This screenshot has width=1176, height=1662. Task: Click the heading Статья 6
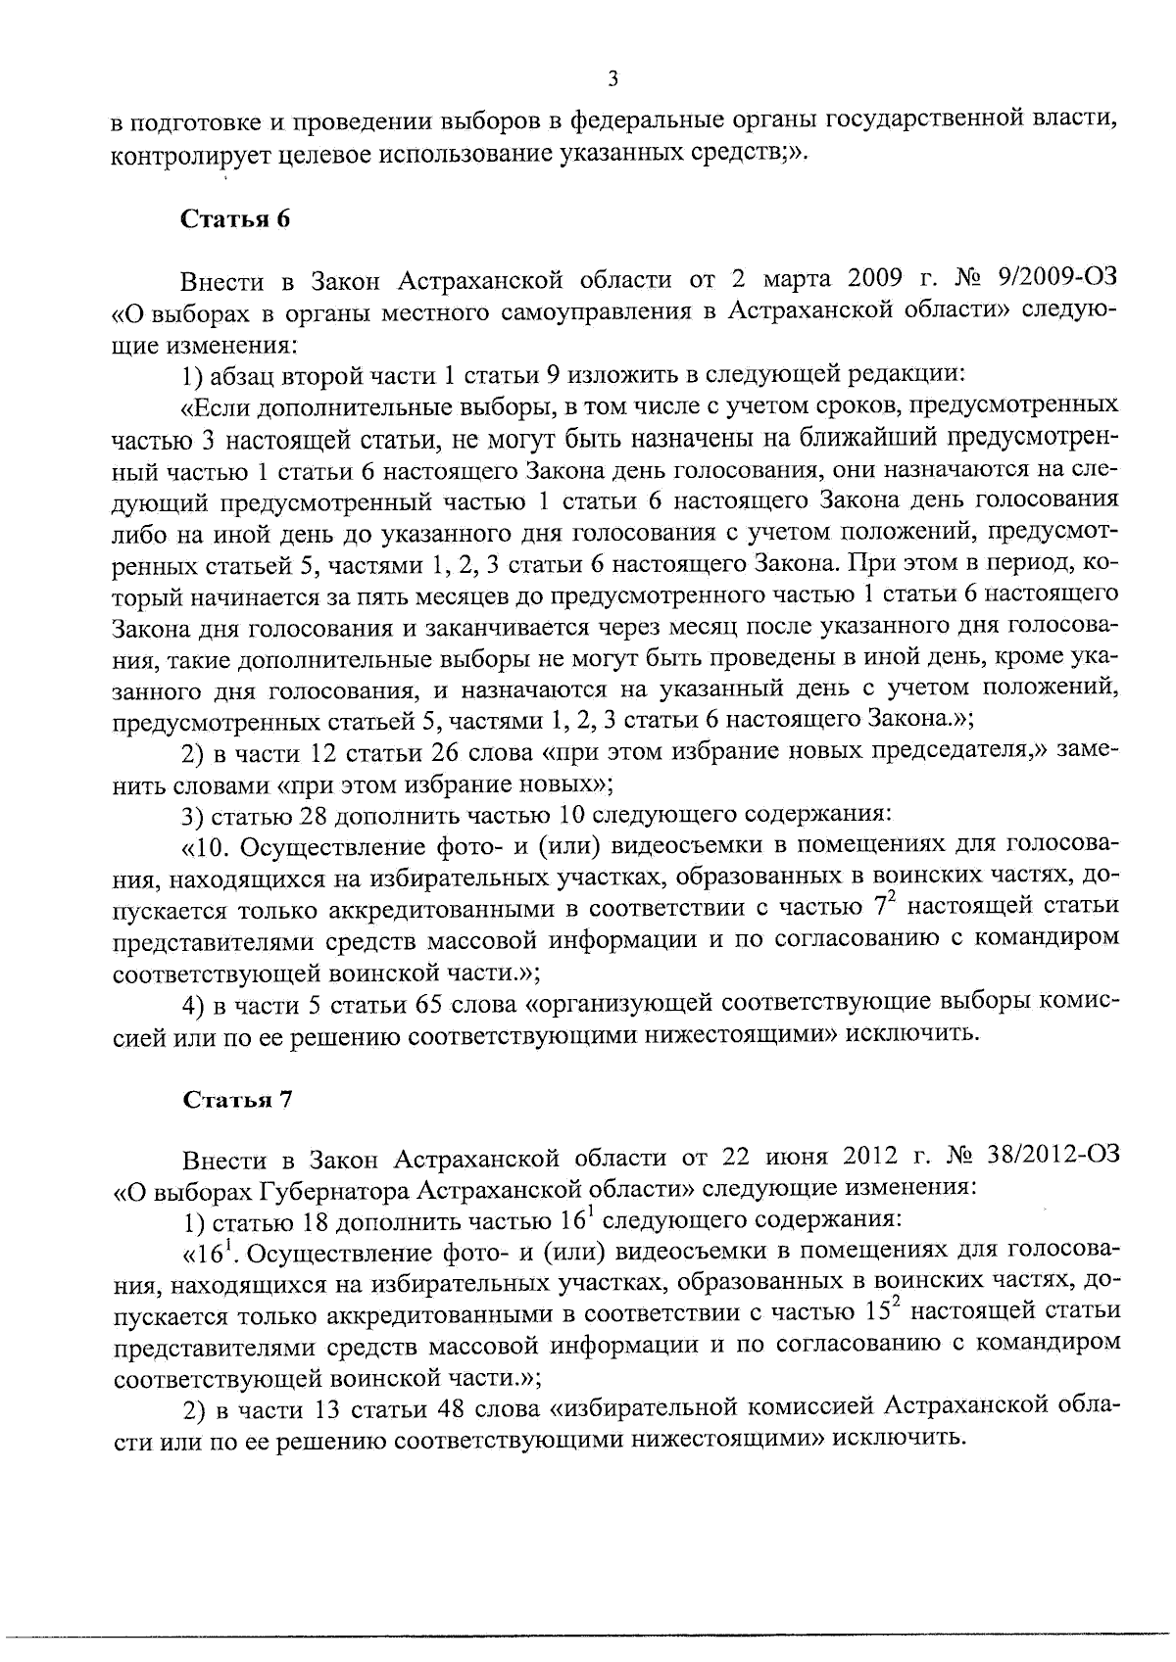click(x=236, y=218)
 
